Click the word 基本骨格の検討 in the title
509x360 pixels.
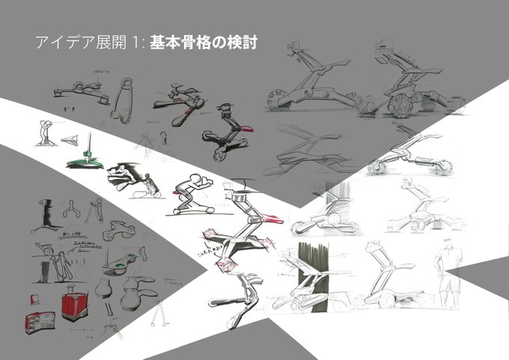203,43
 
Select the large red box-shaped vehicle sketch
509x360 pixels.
74,305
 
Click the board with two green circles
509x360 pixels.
122,259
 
